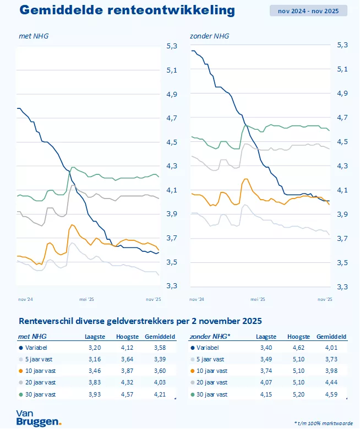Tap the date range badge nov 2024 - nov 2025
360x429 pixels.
tap(309, 10)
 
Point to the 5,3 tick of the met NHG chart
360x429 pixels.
tap(171, 46)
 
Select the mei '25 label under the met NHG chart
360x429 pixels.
tap(87, 299)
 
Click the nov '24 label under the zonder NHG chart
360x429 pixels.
tap(197, 299)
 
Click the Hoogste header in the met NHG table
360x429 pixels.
tap(127, 337)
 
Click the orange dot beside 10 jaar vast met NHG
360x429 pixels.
tap(21, 371)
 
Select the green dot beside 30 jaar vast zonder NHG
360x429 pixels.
tap(192, 394)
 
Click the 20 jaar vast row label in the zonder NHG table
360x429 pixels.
tap(212, 382)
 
